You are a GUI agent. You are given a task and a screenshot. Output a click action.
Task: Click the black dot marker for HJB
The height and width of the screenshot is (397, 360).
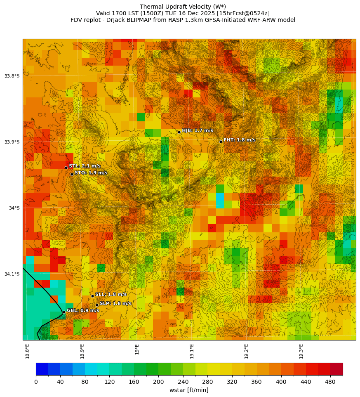pos(179,132)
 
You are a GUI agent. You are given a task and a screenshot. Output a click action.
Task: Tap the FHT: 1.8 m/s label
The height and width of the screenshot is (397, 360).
pos(239,140)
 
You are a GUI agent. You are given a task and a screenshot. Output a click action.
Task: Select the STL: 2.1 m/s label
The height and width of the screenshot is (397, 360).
pos(85,166)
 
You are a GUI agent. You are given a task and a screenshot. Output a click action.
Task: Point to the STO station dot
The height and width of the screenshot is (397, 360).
pos(72,174)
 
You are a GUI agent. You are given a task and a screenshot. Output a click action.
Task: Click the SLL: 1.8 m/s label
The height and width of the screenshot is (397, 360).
pos(111,294)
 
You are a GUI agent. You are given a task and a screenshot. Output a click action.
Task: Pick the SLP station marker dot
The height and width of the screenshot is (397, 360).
pos(97,305)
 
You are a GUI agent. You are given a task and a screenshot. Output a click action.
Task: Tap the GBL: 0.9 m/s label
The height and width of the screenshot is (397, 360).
pos(83,310)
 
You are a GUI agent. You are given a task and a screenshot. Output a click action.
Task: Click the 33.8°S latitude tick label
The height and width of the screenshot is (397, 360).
pos(12,76)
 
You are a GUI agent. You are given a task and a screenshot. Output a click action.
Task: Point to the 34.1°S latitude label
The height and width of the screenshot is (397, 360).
pos(12,274)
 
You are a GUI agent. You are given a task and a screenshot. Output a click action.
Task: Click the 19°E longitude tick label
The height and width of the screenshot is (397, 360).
pos(137,349)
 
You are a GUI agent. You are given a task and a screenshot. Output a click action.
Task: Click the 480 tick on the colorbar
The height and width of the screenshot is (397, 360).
pos(330,382)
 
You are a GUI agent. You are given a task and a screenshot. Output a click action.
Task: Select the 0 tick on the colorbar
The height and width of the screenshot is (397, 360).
pos(36,382)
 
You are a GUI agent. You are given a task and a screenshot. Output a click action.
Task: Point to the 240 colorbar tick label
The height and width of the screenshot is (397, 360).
pos(183,382)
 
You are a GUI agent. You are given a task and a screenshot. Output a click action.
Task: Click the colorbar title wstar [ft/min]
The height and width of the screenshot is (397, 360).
pos(189,390)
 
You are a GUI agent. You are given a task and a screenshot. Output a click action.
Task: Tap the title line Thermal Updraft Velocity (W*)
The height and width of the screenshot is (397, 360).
pos(183,7)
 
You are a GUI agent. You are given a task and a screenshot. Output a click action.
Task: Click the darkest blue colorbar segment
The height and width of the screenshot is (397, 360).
pos(42,369)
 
